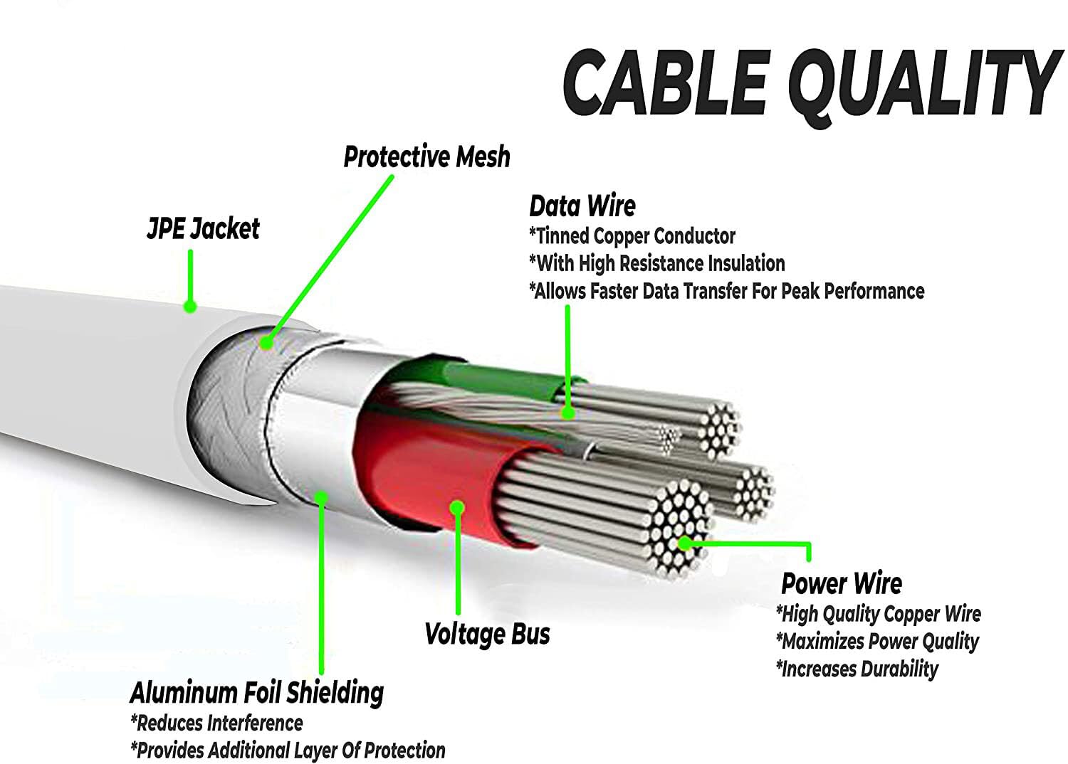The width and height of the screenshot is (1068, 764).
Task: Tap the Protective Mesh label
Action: click(x=426, y=156)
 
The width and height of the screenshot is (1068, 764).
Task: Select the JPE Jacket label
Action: click(x=203, y=228)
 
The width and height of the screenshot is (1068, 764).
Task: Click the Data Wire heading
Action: click(x=582, y=206)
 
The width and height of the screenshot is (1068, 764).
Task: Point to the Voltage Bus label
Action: click(x=487, y=634)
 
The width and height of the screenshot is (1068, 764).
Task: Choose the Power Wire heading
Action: click(x=841, y=583)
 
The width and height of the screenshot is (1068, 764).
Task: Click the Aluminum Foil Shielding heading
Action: click(x=256, y=693)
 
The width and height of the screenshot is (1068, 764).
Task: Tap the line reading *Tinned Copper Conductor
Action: click(x=632, y=236)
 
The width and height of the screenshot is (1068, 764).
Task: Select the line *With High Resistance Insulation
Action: click(x=657, y=263)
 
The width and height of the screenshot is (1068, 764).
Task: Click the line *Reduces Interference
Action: click(x=216, y=723)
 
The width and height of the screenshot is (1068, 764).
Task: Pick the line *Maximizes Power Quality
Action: click(x=877, y=641)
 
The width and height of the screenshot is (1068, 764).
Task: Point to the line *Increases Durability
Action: click(x=857, y=668)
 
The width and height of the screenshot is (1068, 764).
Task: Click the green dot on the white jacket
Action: click(x=190, y=307)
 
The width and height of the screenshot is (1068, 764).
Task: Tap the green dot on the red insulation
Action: click(x=457, y=508)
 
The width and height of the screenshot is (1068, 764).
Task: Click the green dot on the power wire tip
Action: click(x=685, y=543)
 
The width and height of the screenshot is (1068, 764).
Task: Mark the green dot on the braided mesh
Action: click(x=266, y=342)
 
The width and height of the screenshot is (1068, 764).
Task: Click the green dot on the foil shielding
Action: click(x=322, y=498)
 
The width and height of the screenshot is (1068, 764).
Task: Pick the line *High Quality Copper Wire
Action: click(x=879, y=614)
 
